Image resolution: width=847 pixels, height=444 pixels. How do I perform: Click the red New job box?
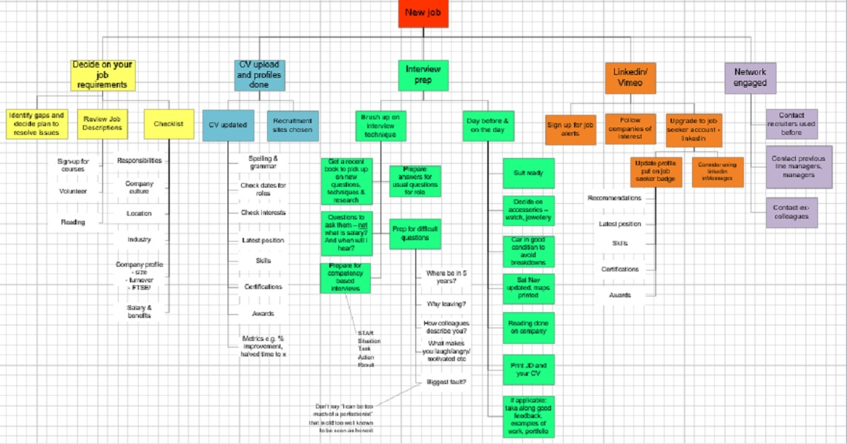click(423, 13)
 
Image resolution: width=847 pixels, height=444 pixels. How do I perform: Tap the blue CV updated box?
click(228, 125)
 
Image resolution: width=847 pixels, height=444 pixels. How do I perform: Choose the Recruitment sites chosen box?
click(292, 125)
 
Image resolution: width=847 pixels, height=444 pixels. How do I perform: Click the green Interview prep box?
click(423, 74)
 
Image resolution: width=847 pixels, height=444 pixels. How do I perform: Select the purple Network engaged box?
click(750, 78)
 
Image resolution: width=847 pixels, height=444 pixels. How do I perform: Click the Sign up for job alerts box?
click(570, 129)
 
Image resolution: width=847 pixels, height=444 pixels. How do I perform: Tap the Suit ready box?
click(528, 173)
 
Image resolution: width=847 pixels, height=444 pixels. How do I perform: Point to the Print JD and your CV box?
click(528, 369)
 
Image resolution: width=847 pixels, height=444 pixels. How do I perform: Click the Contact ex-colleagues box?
click(791, 212)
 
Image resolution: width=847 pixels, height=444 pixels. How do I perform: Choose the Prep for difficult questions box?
click(415, 233)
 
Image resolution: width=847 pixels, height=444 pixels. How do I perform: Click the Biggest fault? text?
click(446, 382)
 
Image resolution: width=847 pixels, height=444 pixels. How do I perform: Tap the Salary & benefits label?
click(139, 311)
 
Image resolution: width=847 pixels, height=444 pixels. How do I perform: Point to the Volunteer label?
click(73, 191)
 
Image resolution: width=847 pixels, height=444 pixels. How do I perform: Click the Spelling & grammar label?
click(263, 163)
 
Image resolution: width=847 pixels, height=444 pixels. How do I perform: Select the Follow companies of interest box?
click(630, 129)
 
